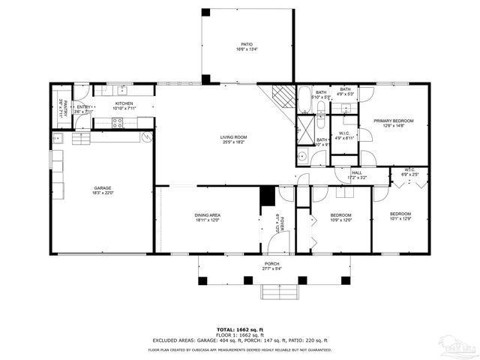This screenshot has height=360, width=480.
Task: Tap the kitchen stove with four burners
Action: coord(118,123)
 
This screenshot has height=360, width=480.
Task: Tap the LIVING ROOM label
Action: coord(233,138)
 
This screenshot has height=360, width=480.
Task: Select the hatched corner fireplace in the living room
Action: coord(282,97)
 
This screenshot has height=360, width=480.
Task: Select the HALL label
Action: coord(357,174)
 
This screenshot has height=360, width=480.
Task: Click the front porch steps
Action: coord(280,292)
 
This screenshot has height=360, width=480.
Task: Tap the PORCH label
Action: coord(271,265)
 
